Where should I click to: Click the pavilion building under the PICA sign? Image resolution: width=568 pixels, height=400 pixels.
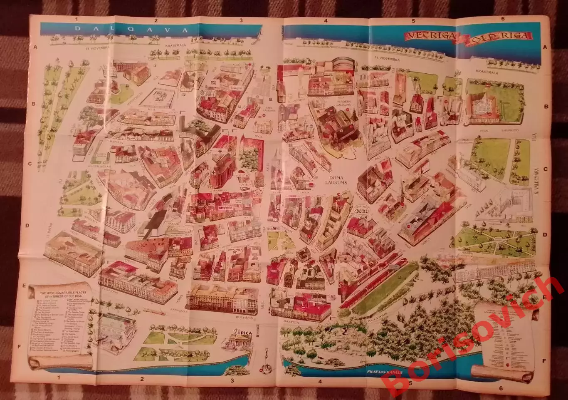(240, 342)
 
